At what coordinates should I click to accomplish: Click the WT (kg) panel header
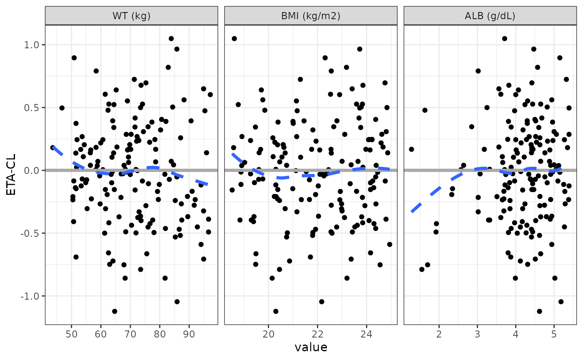click(x=131, y=16)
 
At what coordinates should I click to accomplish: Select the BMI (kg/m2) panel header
click(x=311, y=16)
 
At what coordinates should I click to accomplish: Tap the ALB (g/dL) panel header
click(x=490, y=16)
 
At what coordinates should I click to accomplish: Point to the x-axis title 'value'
click(x=311, y=348)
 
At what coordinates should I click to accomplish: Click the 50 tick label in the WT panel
click(x=71, y=334)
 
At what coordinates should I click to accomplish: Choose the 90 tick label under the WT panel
click(x=189, y=334)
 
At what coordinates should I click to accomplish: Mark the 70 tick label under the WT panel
click(x=130, y=334)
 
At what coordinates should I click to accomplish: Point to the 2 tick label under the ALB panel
click(x=439, y=334)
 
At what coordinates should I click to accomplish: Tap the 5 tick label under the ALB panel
click(x=554, y=334)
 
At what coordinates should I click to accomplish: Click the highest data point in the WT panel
click(x=171, y=39)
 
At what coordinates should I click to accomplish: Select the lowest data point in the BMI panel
click(x=276, y=311)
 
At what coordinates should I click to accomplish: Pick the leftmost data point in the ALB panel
click(x=411, y=149)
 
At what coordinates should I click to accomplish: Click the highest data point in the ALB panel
click(x=504, y=39)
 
